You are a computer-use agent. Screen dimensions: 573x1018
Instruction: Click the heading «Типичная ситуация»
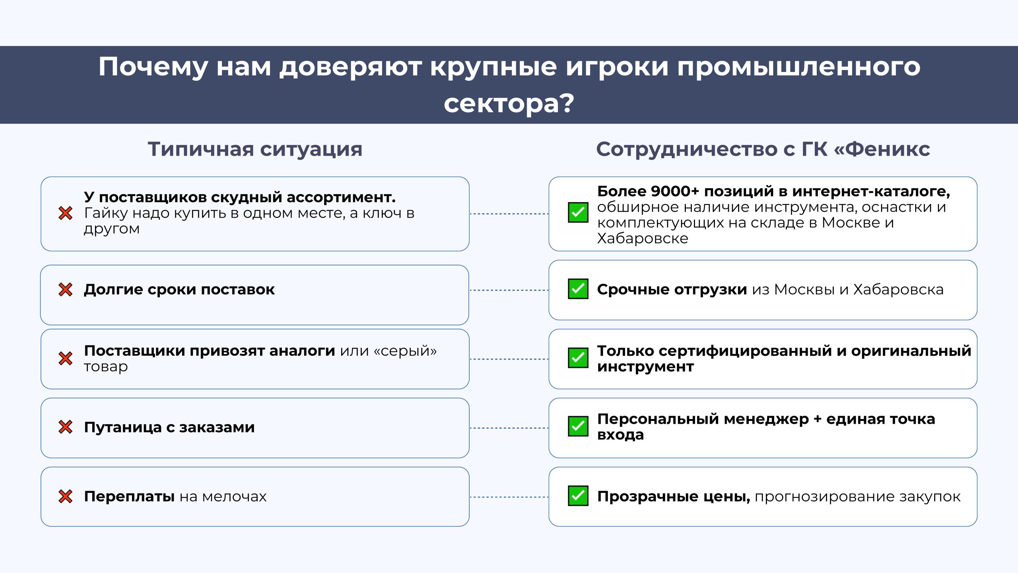255,150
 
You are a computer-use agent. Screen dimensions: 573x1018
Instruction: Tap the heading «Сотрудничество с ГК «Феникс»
763,150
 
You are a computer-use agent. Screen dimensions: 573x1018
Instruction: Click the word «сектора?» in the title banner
509,103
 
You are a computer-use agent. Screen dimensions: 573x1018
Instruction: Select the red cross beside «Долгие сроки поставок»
66,290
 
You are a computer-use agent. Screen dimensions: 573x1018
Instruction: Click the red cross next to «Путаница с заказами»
66,427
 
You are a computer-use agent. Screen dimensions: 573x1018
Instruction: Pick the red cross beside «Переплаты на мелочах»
66,496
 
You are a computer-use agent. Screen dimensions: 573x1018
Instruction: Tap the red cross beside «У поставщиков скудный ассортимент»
66,213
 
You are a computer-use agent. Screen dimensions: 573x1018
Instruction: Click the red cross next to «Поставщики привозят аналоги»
66,359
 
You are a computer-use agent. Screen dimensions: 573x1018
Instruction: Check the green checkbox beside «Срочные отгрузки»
578,289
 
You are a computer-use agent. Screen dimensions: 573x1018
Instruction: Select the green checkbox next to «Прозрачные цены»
578,496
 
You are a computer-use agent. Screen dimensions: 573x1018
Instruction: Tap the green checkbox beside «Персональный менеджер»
578,427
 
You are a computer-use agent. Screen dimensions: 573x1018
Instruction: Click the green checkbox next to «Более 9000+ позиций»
578,212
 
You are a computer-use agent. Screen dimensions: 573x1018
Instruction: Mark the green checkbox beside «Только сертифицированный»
578,358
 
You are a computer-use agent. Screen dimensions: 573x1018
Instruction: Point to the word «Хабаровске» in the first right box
643,238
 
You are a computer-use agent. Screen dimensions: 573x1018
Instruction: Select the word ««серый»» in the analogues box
405,351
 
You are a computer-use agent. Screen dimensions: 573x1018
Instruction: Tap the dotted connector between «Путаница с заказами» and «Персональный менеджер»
509,428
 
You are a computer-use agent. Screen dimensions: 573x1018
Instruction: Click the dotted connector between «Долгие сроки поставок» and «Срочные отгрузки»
509,290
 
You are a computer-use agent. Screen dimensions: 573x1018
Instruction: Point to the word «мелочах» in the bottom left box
234,497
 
